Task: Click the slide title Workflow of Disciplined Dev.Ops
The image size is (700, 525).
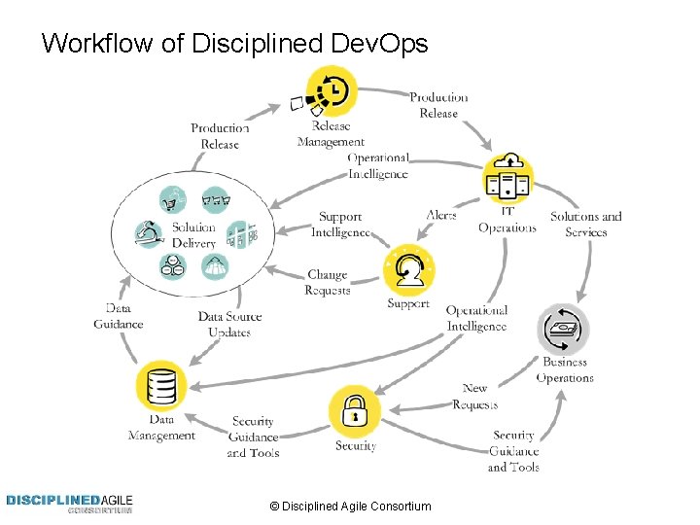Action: click(234, 43)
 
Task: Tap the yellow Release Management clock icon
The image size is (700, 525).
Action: click(331, 90)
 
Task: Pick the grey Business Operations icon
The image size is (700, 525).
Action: click(564, 330)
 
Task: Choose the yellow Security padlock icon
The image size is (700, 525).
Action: click(355, 410)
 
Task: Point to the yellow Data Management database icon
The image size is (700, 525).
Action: click(160, 386)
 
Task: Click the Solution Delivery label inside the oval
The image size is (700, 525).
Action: click(193, 235)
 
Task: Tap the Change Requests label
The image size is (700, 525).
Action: click(327, 283)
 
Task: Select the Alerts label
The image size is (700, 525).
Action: click(440, 215)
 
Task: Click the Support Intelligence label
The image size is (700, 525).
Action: click(340, 225)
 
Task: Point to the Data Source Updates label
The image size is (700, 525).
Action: click(229, 324)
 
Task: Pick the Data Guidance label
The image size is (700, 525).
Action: click(119, 317)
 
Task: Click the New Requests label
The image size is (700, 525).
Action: click(474, 396)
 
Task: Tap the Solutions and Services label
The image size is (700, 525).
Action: click(586, 224)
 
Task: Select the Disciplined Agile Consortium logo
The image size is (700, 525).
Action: click(69, 504)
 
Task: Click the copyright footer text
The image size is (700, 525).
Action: click(350, 507)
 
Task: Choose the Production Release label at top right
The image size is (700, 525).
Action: click(438, 105)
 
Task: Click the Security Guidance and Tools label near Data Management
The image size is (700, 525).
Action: click(253, 437)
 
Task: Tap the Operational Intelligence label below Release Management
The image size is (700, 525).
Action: click(379, 165)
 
